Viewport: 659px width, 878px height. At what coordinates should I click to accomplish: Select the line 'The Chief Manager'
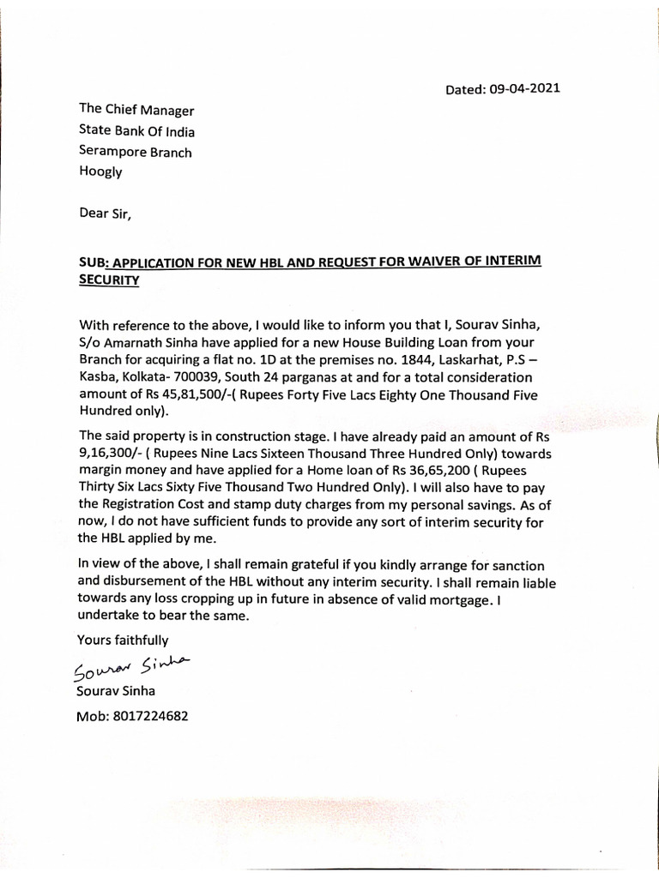pyautogui.click(x=136, y=111)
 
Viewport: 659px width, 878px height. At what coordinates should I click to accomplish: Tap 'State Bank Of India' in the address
pyautogui.click(x=136, y=131)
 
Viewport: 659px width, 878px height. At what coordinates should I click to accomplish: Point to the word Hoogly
pyautogui.click(x=100, y=171)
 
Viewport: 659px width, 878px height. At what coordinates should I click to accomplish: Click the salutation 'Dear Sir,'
pyautogui.click(x=106, y=214)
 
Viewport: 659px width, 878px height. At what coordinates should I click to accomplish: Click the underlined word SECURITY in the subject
pyautogui.click(x=109, y=280)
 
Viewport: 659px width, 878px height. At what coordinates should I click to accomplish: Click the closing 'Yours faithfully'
pyautogui.click(x=123, y=639)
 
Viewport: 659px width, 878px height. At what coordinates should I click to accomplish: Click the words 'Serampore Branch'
pyautogui.click(x=135, y=152)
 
